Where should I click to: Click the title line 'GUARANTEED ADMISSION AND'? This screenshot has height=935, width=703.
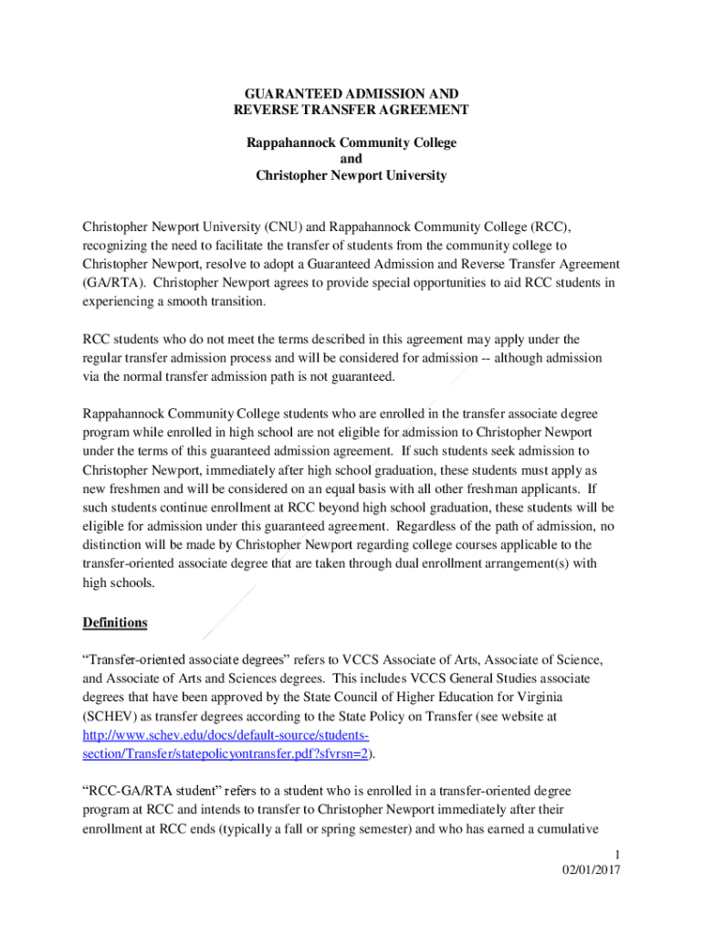351,94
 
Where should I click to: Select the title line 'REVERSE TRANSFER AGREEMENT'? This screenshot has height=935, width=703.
351,110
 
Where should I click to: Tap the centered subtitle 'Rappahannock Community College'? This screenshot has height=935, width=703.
351,143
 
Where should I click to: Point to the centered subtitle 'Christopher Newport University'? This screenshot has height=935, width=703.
351,175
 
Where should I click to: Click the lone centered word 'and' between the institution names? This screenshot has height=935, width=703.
351,160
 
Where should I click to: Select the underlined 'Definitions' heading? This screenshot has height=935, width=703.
115,623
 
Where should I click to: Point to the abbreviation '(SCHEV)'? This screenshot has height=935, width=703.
109,717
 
